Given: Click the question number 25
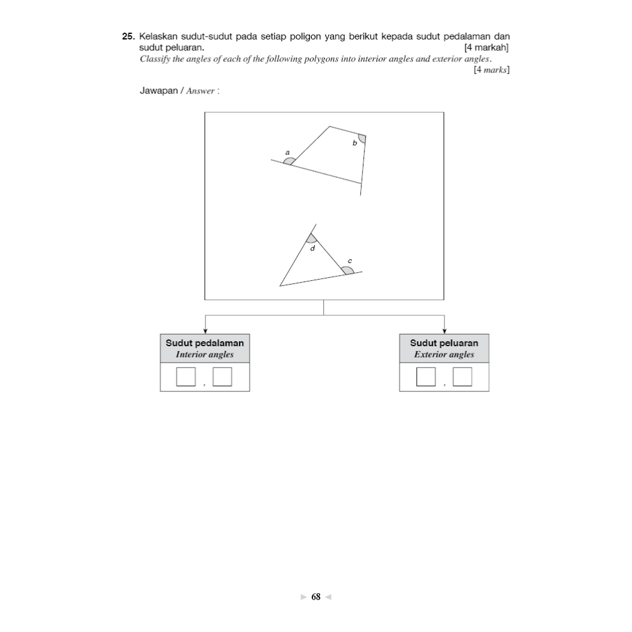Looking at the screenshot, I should tap(129, 37).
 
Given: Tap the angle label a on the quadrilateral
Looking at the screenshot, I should tap(287, 151).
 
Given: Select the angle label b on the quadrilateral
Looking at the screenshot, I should tap(354, 143).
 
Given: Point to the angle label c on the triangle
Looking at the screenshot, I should tap(350, 261).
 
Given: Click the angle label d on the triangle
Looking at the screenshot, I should tap(312, 249).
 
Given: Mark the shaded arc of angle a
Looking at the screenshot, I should tap(289, 161).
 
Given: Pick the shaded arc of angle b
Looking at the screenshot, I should tap(362, 138).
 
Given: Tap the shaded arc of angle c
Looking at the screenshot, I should tap(348, 270).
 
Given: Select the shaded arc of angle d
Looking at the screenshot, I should tap(311, 239).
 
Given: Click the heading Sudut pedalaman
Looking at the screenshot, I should tap(205, 343).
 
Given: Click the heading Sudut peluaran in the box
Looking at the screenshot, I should tap(444, 343).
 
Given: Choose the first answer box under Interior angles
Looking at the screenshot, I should tap(186, 376).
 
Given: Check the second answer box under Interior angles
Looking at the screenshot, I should tap(222, 376).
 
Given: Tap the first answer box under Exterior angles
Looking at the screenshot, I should tap(426, 376).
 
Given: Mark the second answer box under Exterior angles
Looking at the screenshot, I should tap(462, 376).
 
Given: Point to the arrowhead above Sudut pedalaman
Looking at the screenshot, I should tap(205, 331).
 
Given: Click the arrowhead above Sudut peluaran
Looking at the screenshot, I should tap(444, 331).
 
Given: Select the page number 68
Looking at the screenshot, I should tap(316, 597).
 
